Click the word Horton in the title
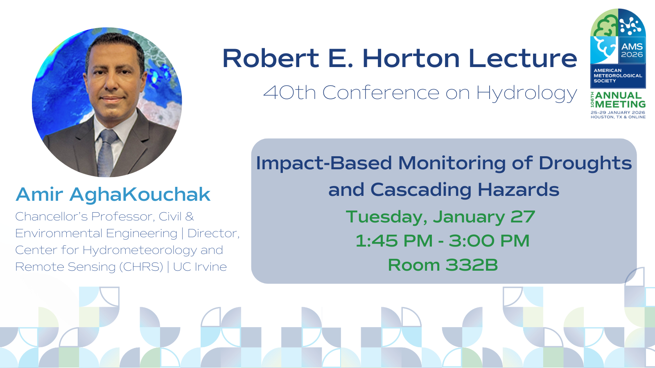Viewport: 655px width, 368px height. (x=411, y=58)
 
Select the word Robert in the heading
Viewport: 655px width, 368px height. (x=271, y=58)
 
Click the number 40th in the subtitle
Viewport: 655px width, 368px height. (x=289, y=92)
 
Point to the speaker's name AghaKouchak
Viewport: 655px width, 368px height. (x=140, y=195)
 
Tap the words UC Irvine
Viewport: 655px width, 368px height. (x=200, y=267)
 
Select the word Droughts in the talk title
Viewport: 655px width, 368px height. (x=585, y=164)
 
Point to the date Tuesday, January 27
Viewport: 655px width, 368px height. (x=440, y=217)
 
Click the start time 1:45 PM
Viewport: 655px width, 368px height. (x=394, y=241)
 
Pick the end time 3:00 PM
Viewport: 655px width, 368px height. (x=489, y=241)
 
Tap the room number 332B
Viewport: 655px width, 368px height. (x=471, y=265)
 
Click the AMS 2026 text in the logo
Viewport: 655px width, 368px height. (x=632, y=50)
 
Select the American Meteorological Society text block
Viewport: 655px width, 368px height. (x=618, y=76)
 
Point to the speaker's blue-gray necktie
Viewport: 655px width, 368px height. (x=106, y=152)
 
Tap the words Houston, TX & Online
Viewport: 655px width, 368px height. (x=618, y=117)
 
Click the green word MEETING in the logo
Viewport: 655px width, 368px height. (x=620, y=104)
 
